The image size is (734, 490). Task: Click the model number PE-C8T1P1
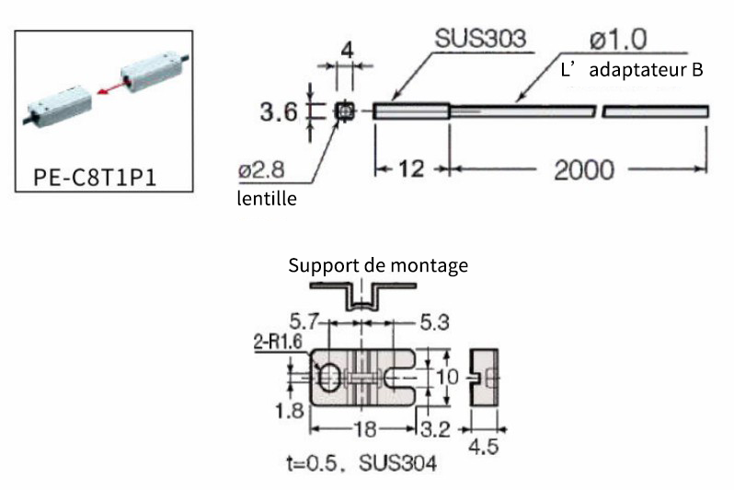point(95,177)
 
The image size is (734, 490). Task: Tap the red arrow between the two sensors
point(113,87)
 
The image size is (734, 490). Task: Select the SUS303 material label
point(480,39)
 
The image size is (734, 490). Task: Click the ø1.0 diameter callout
point(618,39)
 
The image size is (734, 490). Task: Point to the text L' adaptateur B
point(632,70)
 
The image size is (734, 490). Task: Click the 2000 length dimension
point(584,169)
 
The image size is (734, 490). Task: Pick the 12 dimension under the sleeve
point(411,169)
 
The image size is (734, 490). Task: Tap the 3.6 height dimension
point(279,112)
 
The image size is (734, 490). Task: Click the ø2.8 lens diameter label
point(261,169)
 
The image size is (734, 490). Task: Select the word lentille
point(267,198)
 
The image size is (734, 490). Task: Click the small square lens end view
point(345,111)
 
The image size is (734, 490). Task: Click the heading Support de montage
point(378,265)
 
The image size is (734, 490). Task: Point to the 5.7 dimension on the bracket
point(304,321)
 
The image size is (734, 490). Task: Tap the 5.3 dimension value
point(434,322)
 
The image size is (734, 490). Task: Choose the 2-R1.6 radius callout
point(278,342)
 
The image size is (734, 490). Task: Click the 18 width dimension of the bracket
point(364,429)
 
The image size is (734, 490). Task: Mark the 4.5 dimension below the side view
point(484,447)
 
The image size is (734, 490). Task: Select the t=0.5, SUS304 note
point(361,463)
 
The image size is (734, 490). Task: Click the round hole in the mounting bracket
point(330,378)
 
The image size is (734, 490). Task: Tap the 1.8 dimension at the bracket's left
point(290,411)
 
